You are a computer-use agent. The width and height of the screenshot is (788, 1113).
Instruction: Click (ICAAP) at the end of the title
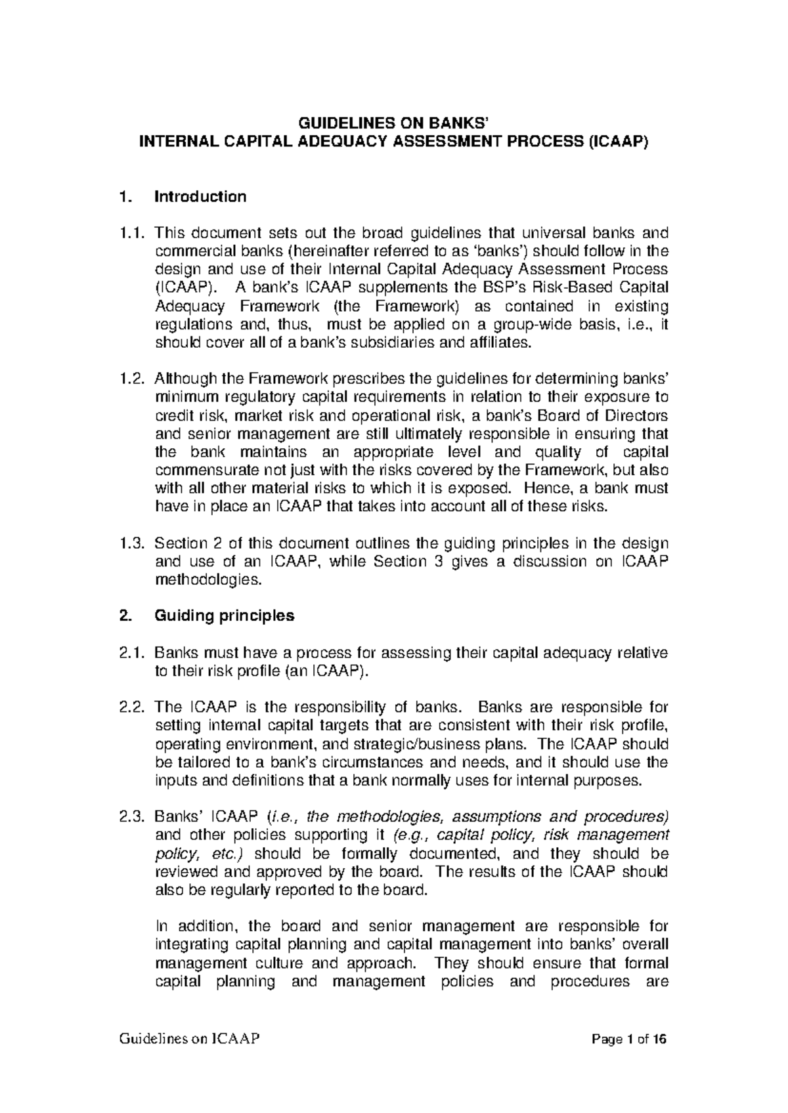point(617,140)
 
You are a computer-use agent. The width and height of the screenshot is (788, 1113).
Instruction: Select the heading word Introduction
point(200,196)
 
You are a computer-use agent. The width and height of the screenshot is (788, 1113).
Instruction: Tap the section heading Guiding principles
point(224,616)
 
